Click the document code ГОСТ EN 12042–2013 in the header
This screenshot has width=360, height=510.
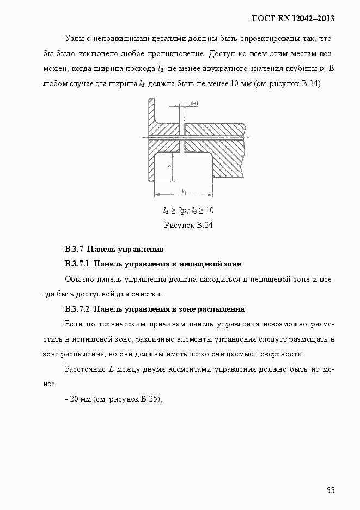tap(292, 19)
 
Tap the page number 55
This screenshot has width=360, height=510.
tap(330, 490)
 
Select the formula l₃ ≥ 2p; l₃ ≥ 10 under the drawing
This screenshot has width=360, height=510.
tap(188, 210)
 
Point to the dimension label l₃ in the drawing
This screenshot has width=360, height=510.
tap(184, 191)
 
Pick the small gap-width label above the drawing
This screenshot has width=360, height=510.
tap(194, 102)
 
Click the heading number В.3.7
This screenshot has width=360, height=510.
tap(74, 250)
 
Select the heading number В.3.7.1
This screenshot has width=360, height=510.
tap(77, 264)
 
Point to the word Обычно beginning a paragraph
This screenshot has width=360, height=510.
tap(78, 280)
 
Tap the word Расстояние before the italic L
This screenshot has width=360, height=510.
tap(85, 369)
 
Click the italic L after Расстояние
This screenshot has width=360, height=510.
tap(111, 369)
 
